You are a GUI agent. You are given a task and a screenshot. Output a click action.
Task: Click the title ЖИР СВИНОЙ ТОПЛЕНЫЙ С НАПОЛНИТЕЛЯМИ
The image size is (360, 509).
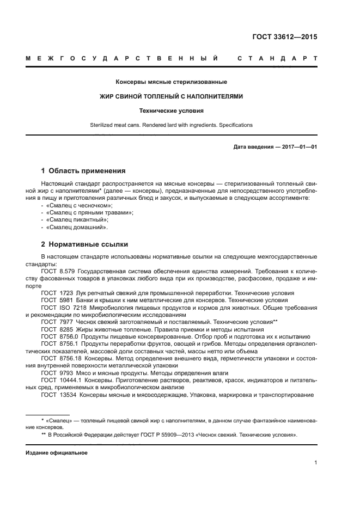point(171,96)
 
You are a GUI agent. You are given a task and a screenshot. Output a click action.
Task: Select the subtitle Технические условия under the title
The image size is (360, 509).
point(171,111)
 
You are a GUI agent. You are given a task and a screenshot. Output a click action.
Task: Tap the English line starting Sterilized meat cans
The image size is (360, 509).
point(171,125)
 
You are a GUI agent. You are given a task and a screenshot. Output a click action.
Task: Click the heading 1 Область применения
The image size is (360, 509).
point(83,170)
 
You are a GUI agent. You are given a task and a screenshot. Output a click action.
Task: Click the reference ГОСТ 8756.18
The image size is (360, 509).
point(60,358)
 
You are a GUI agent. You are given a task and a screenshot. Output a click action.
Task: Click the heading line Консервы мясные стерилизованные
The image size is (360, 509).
point(171,82)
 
